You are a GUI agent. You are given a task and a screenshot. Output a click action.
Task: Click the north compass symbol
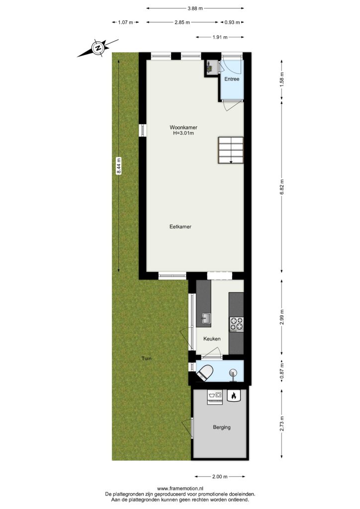click(x=98, y=48)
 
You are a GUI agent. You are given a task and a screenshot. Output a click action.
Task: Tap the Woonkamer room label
click(x=183, y=128)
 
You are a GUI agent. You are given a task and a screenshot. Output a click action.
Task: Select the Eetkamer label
click(x=180, y=227)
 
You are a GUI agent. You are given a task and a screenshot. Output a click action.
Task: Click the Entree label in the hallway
click(x=232, y=79)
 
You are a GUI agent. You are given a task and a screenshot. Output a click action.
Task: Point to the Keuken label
click(x=212, y=339)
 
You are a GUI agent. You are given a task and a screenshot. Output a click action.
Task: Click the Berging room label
click(x=222, y=427)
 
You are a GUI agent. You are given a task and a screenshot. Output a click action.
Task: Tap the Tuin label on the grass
click(x=146, y=359)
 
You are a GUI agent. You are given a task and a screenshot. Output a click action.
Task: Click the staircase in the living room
click(x=231, y=150)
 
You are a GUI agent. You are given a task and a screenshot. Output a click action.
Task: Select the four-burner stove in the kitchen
click(x=236, y=324)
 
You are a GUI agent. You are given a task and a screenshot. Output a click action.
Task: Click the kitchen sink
click(x=206, y=319)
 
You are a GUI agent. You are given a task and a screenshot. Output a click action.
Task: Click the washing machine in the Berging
click(x=215, y=397)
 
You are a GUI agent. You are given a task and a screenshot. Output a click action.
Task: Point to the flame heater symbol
click(x=233, y=395)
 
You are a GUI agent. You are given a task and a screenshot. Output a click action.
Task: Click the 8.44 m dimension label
click(x=119, y=166)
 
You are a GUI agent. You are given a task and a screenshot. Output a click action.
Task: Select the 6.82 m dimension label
click(x=282, y=187)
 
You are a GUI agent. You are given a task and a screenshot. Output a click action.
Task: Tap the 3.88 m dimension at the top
click(x=195, y=8)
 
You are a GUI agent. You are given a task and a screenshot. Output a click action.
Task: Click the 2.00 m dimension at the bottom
click(x=220, y=477)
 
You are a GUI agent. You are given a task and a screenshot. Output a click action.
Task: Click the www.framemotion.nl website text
click(x=180, y=488)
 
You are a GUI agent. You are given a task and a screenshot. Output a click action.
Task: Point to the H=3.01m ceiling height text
click(x=183, y=133)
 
